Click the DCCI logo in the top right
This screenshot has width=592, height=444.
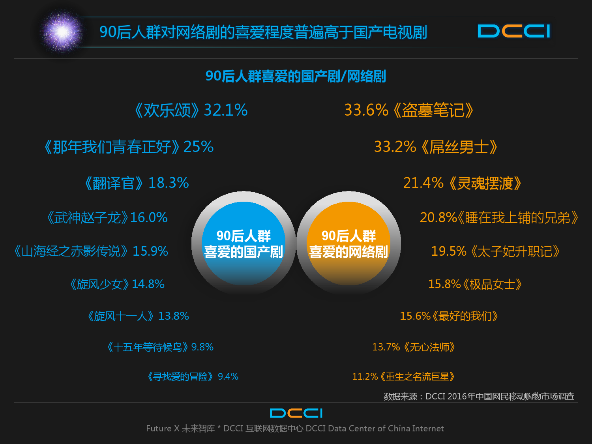tap(514, 31)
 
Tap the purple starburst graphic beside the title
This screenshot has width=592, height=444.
tap(62, 32)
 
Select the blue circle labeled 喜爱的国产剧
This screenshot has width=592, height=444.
tap(244, 244)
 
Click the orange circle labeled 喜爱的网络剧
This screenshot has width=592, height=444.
tap(348, 244)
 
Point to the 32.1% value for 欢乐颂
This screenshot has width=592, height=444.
tap(226, 110)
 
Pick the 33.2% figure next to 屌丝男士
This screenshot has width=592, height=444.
tap(395, 147)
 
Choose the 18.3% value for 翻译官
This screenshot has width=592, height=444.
tap(169, 183)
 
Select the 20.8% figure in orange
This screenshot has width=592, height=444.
tap(438, 217)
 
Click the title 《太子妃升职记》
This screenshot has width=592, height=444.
tap(515, 251)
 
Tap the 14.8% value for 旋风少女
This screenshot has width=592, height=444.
tap(148, 284)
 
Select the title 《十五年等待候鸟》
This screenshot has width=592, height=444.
tap(148, 347)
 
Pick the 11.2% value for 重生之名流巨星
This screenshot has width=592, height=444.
tap(365, 377)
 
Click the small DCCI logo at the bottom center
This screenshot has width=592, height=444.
tap(296, 413)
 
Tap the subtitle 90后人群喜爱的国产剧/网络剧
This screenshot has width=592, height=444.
tap(296, 76)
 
